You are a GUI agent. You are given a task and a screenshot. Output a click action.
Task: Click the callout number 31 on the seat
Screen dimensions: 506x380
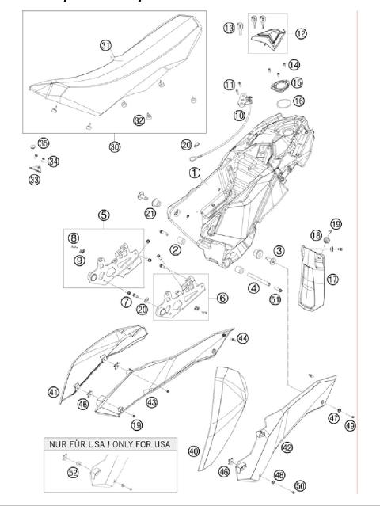[x=105, y=46]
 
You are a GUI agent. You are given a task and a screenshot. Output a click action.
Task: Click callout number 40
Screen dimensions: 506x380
[x=193, y=452]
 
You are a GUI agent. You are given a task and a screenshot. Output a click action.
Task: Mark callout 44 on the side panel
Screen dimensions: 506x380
[x=242, y=338]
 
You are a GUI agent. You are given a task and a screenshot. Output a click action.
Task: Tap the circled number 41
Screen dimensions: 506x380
[x=53, y=392]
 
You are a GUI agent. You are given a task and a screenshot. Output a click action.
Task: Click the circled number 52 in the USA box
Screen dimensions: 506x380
[x=73, y=473]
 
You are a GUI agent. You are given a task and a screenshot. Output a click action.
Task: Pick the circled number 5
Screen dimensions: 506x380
[x=103, y=214]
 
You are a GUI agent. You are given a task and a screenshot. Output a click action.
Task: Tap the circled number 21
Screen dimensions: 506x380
[x=150, y=213]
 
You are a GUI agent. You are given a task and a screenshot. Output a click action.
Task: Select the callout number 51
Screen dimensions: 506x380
[x=275, y=299]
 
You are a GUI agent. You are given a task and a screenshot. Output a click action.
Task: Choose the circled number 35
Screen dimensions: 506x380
[x=21, y=143]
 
